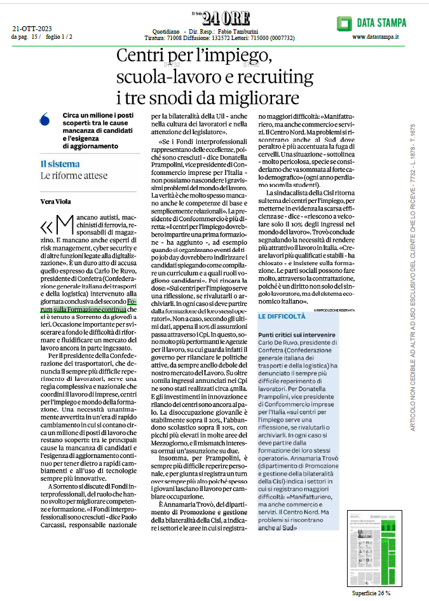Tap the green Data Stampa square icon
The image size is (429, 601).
tap(344, 24)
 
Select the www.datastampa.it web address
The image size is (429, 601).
tap(375, 38)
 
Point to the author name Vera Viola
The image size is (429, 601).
tap(55, 202)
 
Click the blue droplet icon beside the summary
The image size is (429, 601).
tap(44, 119)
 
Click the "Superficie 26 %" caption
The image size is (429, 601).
tap(371, 593)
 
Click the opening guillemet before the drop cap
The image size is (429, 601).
tap(46, 226)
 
